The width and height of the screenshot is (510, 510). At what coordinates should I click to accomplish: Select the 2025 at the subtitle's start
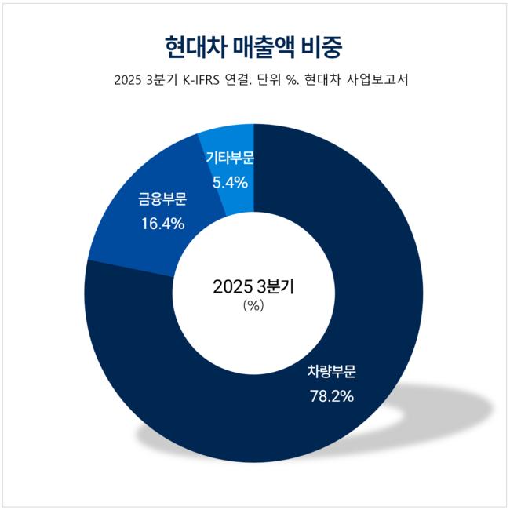pos(128,82)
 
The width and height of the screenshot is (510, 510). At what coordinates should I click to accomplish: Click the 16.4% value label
pos(162,224)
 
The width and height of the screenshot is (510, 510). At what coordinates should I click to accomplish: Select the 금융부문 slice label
pos(162,199)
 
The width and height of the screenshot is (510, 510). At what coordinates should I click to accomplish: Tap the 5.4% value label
pos(230,183)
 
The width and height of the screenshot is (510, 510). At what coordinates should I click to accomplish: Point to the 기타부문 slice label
pos(230,158)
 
